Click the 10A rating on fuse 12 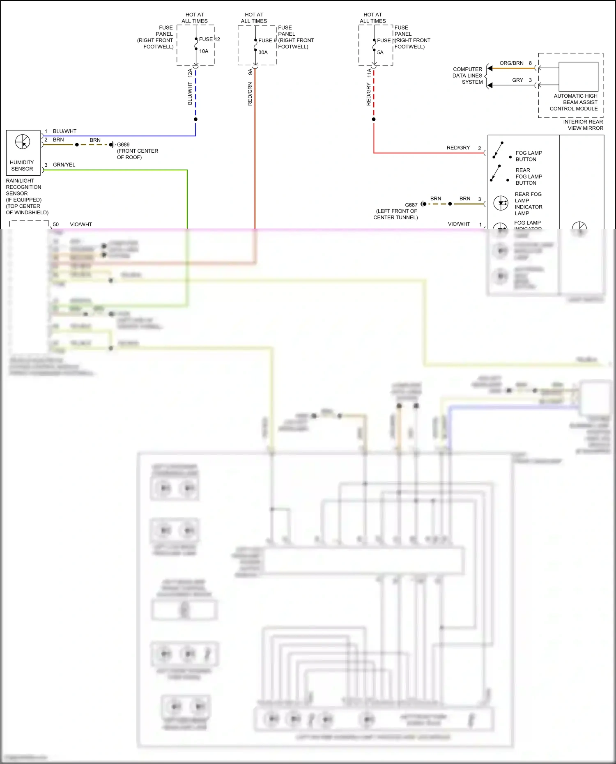coord(204,51)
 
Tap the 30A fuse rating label coord(263,53)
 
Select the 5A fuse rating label coord(380,53)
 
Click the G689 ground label coord(123,145)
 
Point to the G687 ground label coord(411,205)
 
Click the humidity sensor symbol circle coord(23,142)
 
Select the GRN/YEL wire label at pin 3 coord(64,165)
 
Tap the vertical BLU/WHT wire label coord(190,94)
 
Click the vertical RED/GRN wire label coord(250,94)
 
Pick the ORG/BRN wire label coord(511,63)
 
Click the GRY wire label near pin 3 coord(517,80)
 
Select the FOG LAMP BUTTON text coord(529,156)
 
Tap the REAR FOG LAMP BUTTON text coord(529,177)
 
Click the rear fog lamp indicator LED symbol coord(501,203)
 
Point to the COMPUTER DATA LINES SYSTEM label coord(467,76)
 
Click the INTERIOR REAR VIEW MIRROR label coord(583,125)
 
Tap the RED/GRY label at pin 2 coord(458,147)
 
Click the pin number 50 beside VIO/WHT coord(56,225)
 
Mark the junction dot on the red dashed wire coord(374,119)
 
